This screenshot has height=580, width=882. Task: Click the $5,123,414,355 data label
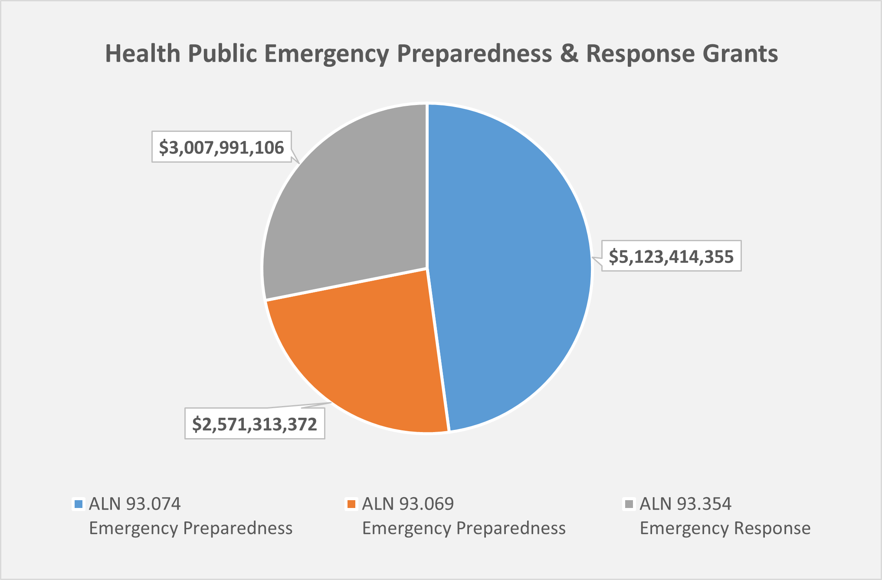click(671, 256)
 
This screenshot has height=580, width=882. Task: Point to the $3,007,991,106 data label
click(221, 147)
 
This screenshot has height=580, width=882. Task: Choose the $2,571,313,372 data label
click(255, 424)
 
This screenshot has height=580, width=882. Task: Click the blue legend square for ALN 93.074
click(79, 504)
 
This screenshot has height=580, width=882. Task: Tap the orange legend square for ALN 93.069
click(351, 504)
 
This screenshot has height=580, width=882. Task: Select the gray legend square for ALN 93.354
click(629, 504)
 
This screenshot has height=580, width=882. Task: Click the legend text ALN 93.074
click(134, 504)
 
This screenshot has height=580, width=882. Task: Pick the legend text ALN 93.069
click(408, 504)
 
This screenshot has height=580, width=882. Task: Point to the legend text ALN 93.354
click(685, 504)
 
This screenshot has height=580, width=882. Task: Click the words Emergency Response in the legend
click(725, 528)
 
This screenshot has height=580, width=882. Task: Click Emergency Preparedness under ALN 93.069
click(464, 528)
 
